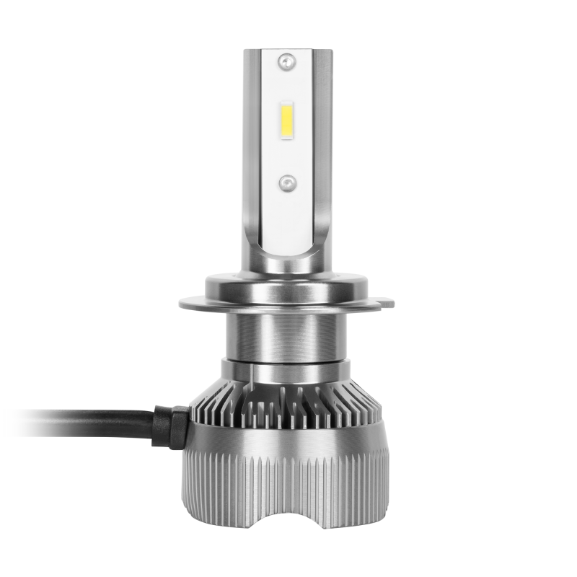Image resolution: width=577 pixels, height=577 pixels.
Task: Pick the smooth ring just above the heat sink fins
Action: pos(288,370)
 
